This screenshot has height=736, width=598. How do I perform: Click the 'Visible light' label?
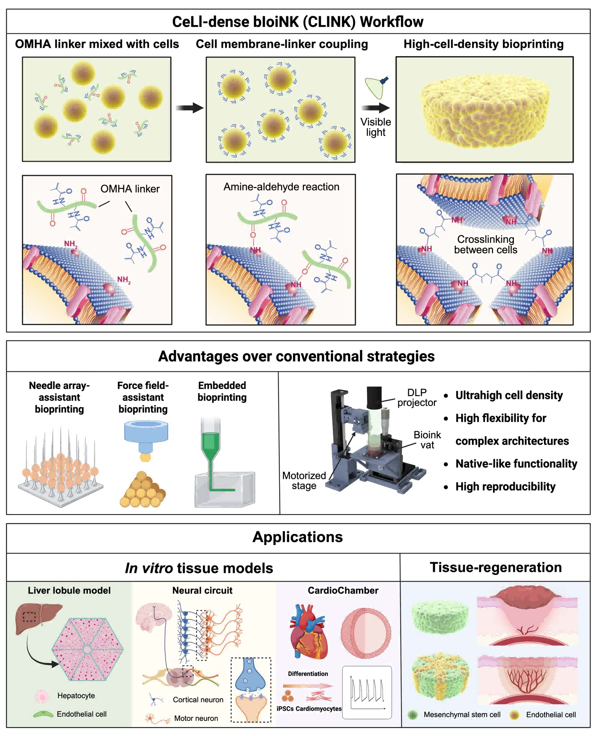point(375,127)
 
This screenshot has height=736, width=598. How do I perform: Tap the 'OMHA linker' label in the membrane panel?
point(130,189)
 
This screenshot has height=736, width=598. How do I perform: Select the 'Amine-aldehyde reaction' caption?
point(281,187)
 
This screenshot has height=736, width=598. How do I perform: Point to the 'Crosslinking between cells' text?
point(485,244)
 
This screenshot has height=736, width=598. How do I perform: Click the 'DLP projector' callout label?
point(417,397)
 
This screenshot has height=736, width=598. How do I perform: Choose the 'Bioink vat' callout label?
point(427,440)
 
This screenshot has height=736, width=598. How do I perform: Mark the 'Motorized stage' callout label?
point(304,481)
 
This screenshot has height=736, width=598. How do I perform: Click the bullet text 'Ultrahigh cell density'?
point(509,395)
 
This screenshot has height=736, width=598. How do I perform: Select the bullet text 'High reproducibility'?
point(505,486)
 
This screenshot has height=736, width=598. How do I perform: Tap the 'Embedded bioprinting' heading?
point(222,391)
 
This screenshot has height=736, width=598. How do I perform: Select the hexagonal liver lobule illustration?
point(87,649)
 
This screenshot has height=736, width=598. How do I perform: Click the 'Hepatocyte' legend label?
point(76,695)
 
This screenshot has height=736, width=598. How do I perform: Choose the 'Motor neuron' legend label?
point(196,718)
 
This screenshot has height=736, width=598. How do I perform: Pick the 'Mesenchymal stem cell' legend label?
point(462,715)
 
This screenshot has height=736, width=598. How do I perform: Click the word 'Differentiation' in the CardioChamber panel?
point(308,674)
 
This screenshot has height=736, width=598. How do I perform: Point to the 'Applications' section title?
point(298,537)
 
